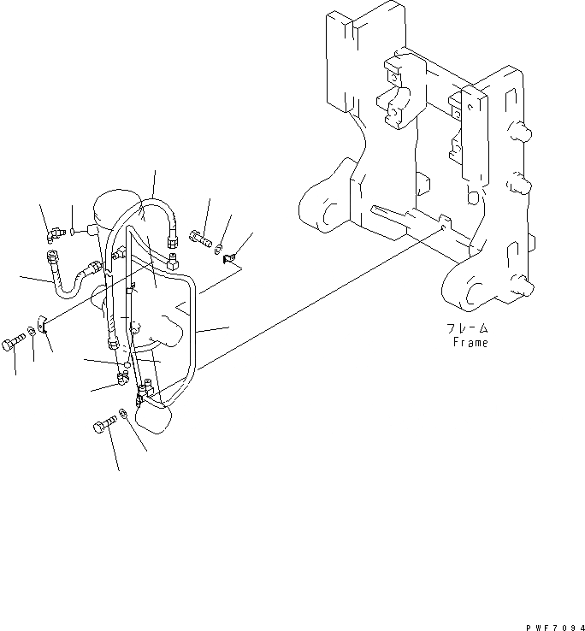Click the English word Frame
[x=470, y=343]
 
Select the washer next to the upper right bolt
[x=220, y=245]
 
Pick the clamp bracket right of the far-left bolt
[x=43, y=326]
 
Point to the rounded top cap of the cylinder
[x=115, y=205]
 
